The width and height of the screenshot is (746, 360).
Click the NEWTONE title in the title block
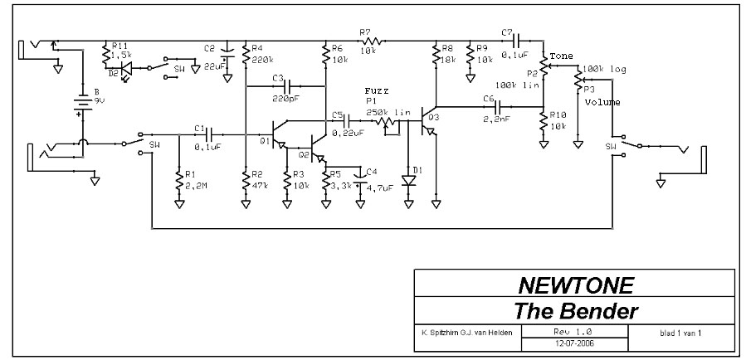click(x=575, y=287)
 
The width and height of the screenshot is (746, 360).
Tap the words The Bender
click(x=575, y=312)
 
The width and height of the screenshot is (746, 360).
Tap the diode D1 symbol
click(x=407, y=179)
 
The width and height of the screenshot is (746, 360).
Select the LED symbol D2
click(x=125, y=71)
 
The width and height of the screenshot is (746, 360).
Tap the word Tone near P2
click(x=561, y=56)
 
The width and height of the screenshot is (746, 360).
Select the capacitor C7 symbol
click(x=516, y=41)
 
